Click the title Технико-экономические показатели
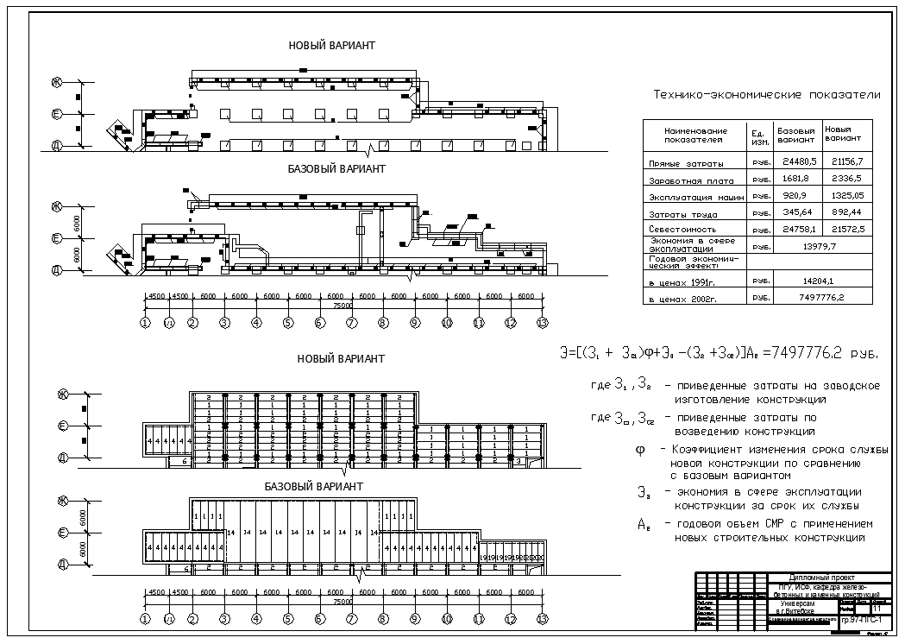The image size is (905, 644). [x=766, y=95]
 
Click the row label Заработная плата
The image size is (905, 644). [x=691, y=181]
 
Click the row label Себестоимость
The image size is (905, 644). [x=682, y=230]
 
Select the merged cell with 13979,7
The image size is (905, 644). [x=820, y=246]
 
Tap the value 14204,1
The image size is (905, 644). [x=820, y=281]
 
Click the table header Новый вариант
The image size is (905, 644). [x=843, y=134]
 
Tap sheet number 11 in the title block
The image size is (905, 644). [x=877, y=609]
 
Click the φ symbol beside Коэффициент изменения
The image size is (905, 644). [x=639, y=449]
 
